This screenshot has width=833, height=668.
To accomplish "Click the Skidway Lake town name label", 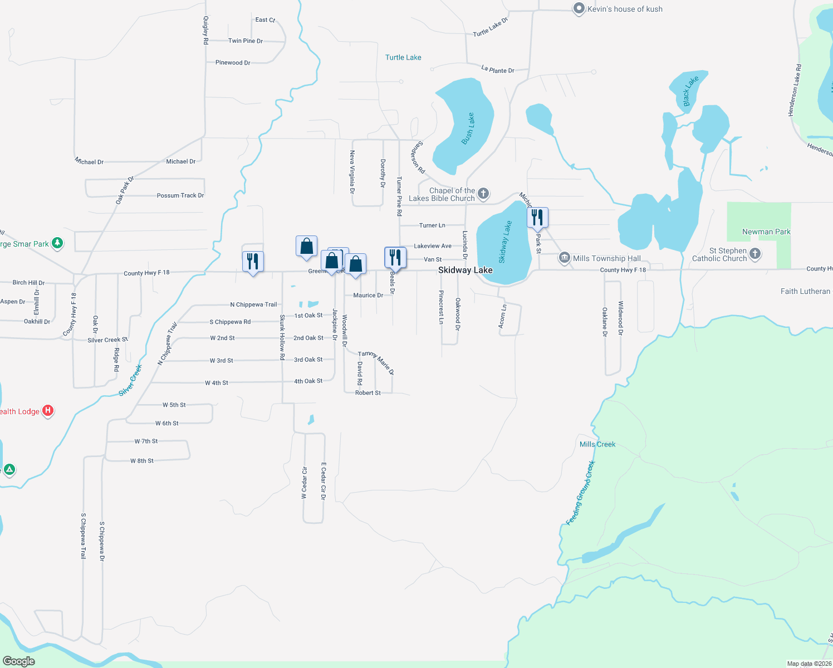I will click(465, 271).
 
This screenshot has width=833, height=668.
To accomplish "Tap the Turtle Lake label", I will click(403, 57).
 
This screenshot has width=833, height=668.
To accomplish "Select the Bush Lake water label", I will click(468, 129).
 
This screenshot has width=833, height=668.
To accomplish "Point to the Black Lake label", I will click(690, 91).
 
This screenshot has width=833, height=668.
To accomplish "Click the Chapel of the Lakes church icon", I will click(483, 194).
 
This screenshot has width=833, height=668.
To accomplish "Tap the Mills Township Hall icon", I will click(565, 258).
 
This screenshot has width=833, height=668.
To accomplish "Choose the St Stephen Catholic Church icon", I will click(755, 254).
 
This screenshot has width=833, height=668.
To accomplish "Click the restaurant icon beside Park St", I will click(537, 217).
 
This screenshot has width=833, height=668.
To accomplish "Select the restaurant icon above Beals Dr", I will click(395, 257).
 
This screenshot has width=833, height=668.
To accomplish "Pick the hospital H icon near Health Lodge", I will click(48, 411).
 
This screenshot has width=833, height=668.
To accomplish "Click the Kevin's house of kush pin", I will click(579, 9).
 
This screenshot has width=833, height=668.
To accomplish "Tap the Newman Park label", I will click(766, 232).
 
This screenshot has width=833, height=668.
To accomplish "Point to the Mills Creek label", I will click(597, 444).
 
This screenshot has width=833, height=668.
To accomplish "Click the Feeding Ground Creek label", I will click(581, 493).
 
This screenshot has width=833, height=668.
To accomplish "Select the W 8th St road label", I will click(142, 461).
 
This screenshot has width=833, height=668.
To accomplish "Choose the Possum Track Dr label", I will click(180, 195).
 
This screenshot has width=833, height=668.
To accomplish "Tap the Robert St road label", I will click(368, 393).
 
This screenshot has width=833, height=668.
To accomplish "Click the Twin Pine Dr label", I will click(246, 41).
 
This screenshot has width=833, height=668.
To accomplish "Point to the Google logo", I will click(19, 661).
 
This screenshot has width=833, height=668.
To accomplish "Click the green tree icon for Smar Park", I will click(57, 243).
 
